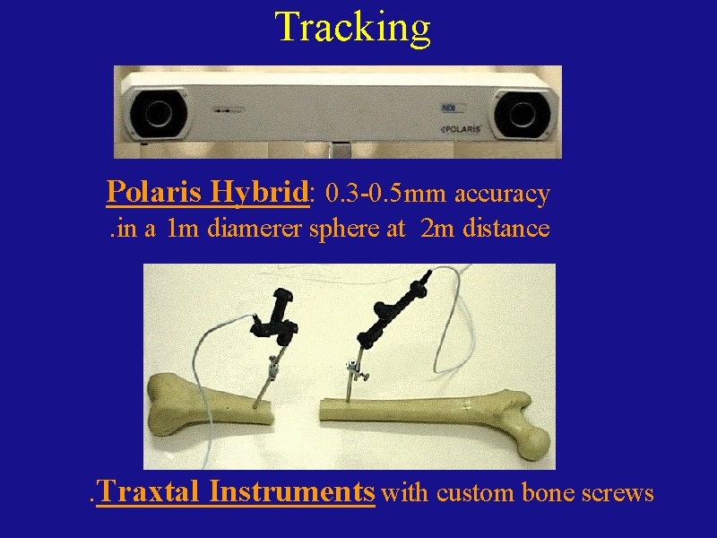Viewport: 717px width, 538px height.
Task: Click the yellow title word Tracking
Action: point(352,29)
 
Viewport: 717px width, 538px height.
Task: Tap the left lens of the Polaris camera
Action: point(159,113)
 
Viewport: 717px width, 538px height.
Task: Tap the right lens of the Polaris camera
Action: point(522,114)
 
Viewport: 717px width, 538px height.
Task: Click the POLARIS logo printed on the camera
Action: point(461,129)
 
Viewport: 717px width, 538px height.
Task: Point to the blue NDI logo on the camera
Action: point(446,108)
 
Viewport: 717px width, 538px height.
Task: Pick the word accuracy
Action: point(502,195)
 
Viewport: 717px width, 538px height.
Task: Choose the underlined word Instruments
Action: point(292,491)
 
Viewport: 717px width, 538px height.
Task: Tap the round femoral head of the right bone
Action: point(534,441)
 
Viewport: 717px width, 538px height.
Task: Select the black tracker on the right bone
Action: point(393,308)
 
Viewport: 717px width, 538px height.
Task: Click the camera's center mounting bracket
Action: point(341,150)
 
